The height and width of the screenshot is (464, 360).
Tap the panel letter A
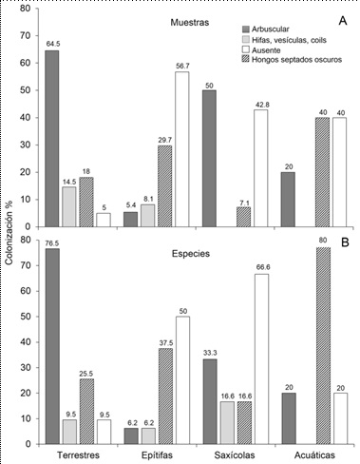click(339, 18)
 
